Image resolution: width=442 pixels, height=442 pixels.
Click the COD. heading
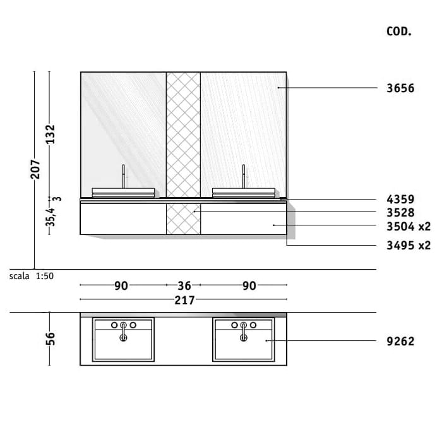click(x=399, y=32)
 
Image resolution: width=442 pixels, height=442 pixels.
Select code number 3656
click(x=400, y=88)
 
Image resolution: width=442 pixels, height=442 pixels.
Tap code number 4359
click(x=400, y=200)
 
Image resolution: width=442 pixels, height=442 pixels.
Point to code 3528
click(x=400, y=213)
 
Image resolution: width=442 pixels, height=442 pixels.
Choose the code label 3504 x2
click(x=409, y=226)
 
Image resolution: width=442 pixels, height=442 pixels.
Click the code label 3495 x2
click(x=409, y=246)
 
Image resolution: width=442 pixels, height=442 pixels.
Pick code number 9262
click(x=400, y=342)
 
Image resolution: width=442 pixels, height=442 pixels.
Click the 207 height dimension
click(x=35, y=169)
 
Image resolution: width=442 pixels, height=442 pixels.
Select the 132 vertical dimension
click(x=50, y=134)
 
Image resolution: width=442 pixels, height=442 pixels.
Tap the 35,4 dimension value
click(x=50, y=217)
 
